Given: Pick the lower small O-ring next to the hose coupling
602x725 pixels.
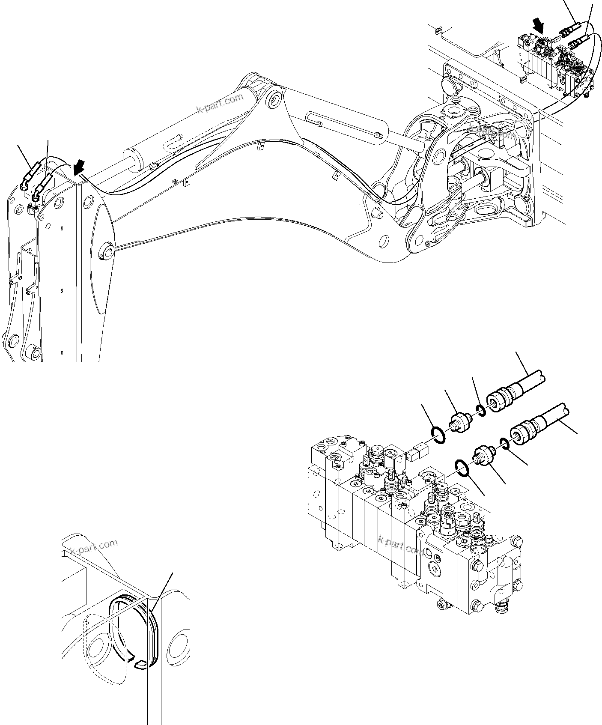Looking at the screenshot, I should tap(504, 444).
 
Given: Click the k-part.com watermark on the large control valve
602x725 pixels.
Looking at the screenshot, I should tap(401, 544).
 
